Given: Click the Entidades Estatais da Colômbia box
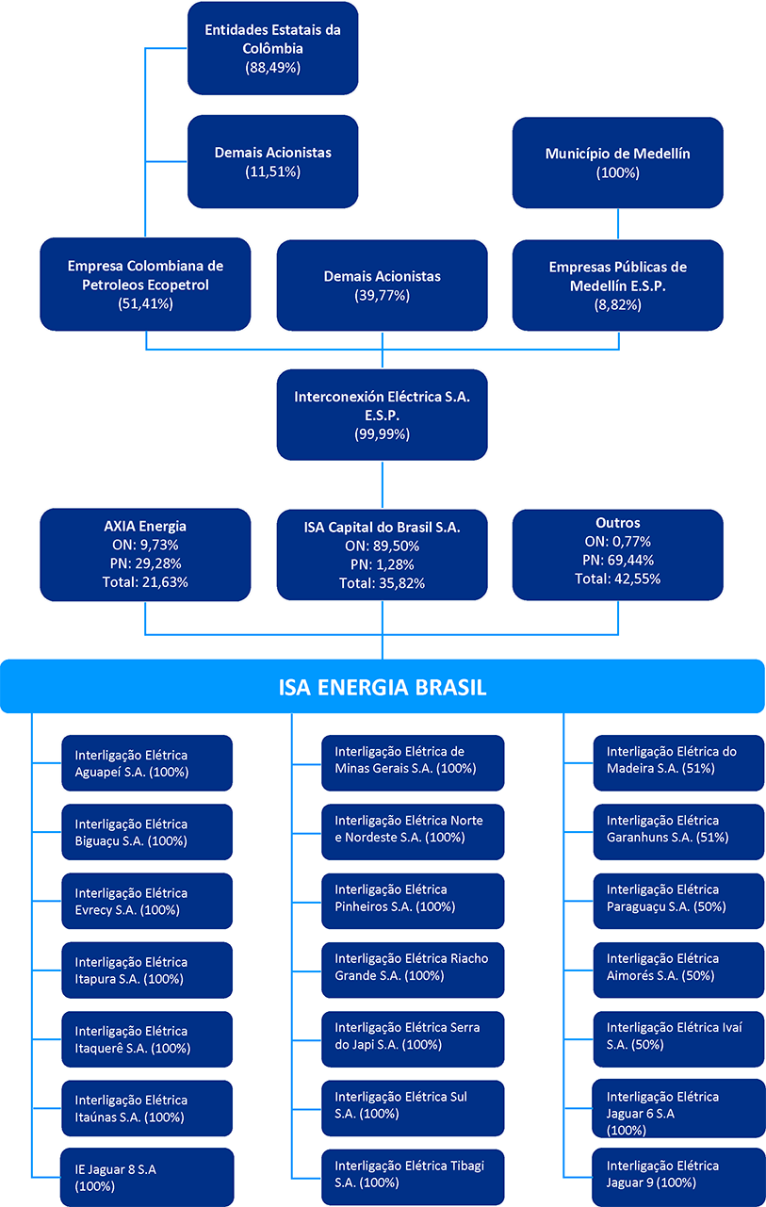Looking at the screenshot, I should click(272, 48).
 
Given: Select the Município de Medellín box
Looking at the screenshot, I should click(618, 162).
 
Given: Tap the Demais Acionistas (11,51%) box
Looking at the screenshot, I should click(272, 161).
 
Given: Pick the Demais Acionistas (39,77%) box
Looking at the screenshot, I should click(382, 285).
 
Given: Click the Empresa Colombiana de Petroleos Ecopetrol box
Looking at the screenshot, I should click(145, 285).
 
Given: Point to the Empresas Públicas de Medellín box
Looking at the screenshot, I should click(618, 285).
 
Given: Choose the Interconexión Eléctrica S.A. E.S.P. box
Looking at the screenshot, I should click(382, 415).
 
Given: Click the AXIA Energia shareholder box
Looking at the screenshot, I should click(145, 554).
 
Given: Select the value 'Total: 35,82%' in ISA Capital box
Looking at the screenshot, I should click(382, 583).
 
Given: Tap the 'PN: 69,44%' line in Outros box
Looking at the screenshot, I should click(618, 561).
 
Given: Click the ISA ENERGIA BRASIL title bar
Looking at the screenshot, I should click(382, 686).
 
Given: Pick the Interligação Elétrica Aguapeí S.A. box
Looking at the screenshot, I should click(146, 762).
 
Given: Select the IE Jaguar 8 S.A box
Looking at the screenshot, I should click(146, 1177).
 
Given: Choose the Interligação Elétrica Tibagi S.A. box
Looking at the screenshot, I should click(412, 1177).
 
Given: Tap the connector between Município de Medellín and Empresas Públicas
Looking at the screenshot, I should click(618, 223).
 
